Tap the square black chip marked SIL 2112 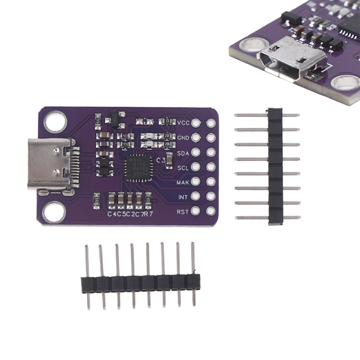point(136,167)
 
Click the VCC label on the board point(183,122)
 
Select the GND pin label point(183,137)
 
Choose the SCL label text point(183,167)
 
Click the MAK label point(183,182)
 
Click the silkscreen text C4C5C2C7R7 point(130,214)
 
